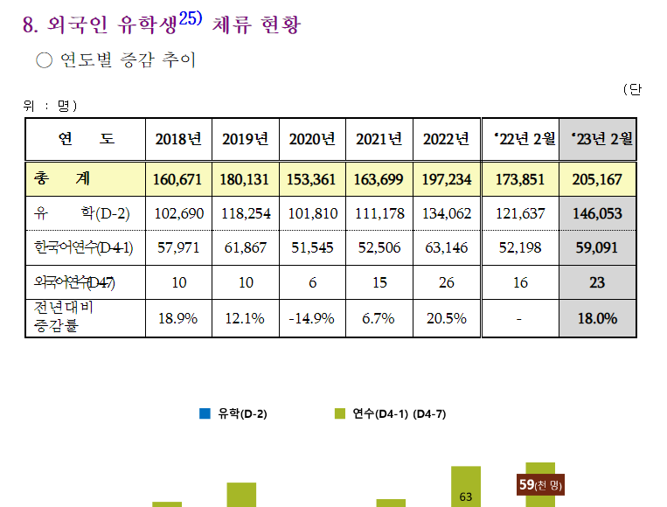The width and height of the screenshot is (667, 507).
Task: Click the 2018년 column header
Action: [178, 139]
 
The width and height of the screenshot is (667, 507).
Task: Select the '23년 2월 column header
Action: [601, 138]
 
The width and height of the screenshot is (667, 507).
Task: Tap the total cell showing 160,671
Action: [177, 179]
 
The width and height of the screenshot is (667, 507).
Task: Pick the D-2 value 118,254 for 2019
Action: [244, 213]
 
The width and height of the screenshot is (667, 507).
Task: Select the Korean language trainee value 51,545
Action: [311, 247]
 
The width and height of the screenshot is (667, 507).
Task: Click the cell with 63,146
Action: [446, 247]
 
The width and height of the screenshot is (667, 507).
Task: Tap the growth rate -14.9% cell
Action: [311, 318]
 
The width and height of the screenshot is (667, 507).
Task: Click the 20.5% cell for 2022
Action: [446, 318]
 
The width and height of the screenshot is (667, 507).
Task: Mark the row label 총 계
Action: [61, 179]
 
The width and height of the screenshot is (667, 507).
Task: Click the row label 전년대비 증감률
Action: [65, 317]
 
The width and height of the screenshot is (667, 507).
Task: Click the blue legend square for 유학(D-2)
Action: [205, 413]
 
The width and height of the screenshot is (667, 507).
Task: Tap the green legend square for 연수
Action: [340, 413]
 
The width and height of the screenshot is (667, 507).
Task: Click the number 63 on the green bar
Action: [466, 497]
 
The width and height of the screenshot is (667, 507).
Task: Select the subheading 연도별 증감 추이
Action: [128, 60]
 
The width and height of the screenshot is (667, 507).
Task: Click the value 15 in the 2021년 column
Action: [379, 282]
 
